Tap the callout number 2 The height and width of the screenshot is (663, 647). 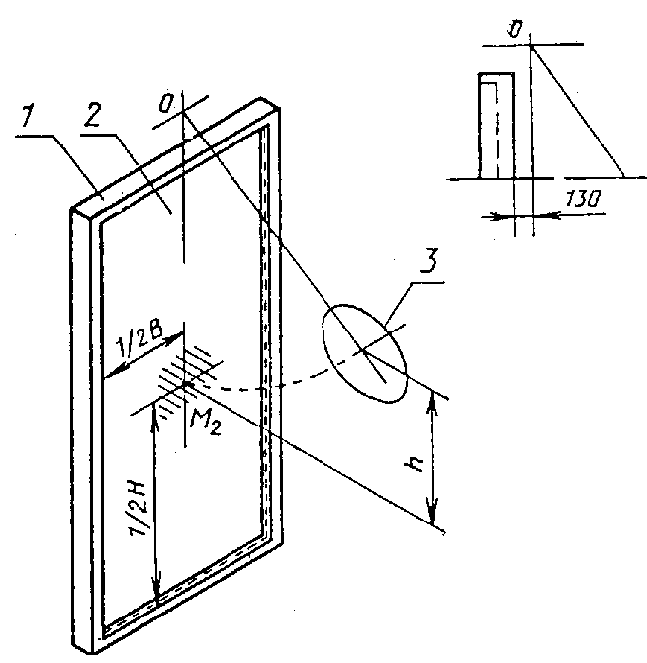coord(93,114)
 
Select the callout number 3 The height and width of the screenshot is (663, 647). coord(430,261)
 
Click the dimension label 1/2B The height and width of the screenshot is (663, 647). coord(139,340)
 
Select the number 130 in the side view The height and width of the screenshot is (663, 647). coord(583,199)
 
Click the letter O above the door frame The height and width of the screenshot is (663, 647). coord(166,104)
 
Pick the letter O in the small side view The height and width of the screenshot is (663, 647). coord(516,30)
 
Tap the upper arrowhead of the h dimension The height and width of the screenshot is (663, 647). coord(432,404)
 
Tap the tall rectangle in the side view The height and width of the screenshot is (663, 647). coord(497,126)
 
